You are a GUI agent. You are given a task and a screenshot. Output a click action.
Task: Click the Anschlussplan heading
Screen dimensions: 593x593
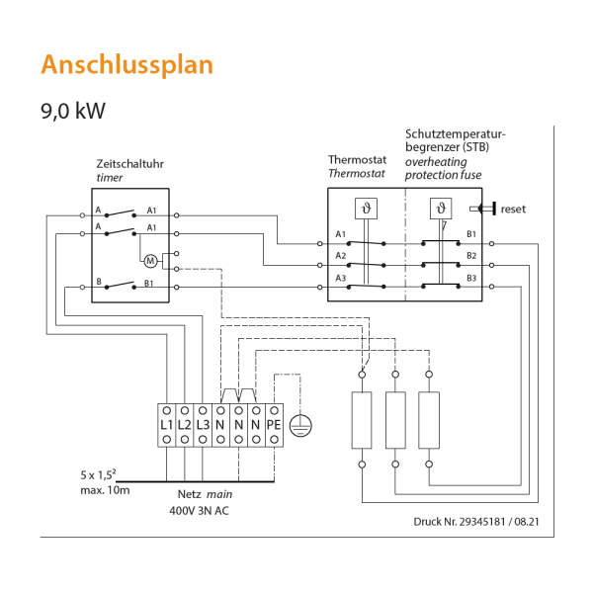point(126,64)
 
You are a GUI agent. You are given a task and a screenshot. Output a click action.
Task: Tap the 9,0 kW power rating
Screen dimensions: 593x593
point(73,110)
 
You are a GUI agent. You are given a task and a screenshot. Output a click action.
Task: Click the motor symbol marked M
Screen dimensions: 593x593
point(151,261)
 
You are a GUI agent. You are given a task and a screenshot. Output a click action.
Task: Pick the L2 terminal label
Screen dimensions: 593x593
point(185,424)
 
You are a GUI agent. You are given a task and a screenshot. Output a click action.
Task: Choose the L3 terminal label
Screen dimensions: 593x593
point(203,424)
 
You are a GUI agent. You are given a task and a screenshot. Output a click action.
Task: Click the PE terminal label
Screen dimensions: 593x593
point(274,424)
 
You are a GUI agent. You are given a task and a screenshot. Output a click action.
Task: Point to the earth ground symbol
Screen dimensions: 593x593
point(307,423)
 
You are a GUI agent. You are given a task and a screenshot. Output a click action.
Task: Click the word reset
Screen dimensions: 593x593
point(514,209)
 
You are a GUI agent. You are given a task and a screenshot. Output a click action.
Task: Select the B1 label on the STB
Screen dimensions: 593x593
point(471,234)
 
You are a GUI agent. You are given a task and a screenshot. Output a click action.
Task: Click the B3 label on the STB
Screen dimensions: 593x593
point(471,278)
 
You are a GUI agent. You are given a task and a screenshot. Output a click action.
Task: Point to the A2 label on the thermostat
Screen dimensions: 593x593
point(341,256)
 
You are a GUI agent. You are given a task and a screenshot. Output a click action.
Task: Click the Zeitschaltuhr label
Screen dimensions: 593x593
point(130,163)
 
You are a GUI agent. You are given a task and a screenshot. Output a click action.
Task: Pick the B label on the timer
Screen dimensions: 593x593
point(99,283)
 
